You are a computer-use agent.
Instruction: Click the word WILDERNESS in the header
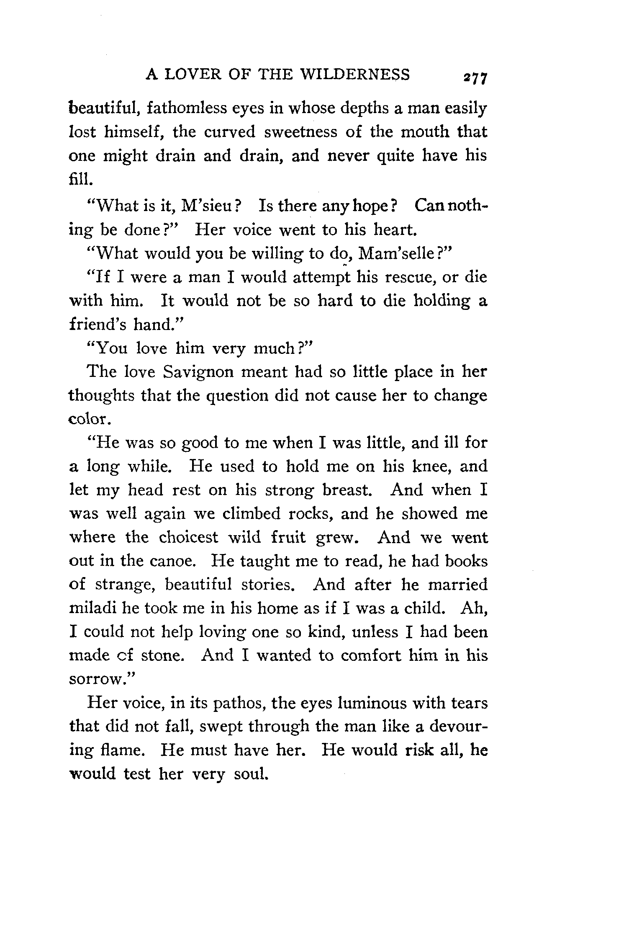(355, 75)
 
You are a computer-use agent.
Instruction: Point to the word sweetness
(300, 132)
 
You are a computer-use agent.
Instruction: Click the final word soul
(250, 774)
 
